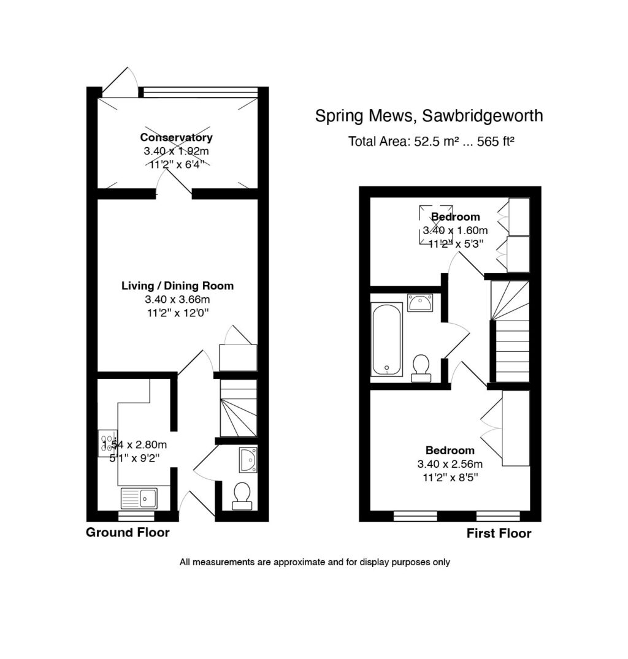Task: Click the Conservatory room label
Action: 177,137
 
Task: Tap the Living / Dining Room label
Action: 177,286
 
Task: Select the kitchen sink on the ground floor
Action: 139,498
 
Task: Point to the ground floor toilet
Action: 242,495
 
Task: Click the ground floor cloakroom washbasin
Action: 248,459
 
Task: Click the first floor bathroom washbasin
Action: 420,302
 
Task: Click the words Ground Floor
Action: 128,532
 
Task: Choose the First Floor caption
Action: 499,533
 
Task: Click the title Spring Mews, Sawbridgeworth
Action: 429,115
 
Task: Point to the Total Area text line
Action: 431,142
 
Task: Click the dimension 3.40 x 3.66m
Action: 177,300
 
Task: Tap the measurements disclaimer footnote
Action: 315,562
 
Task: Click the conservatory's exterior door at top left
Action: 120,81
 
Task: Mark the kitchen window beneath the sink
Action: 136,516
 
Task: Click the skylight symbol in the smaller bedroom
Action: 436,226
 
